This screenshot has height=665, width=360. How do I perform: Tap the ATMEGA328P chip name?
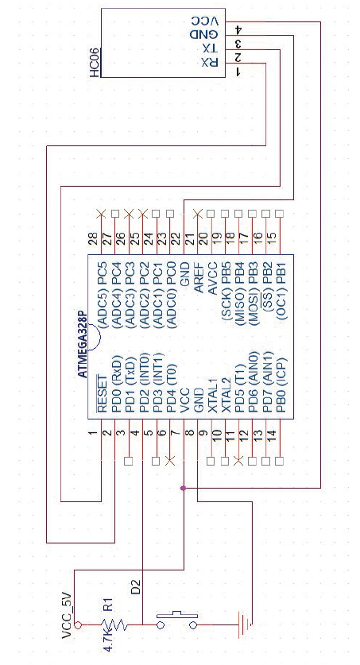tap(83, 346)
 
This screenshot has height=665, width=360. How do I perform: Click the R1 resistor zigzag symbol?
tap(112, 624)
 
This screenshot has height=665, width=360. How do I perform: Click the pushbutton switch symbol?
tap(176, 621)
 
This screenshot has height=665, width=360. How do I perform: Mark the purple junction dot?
tap(184, 488)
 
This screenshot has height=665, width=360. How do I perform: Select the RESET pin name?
tap(103, 394)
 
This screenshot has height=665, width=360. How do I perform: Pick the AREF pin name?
tap(199, 277)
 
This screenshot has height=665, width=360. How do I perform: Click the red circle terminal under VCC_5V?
tap(78, 624)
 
